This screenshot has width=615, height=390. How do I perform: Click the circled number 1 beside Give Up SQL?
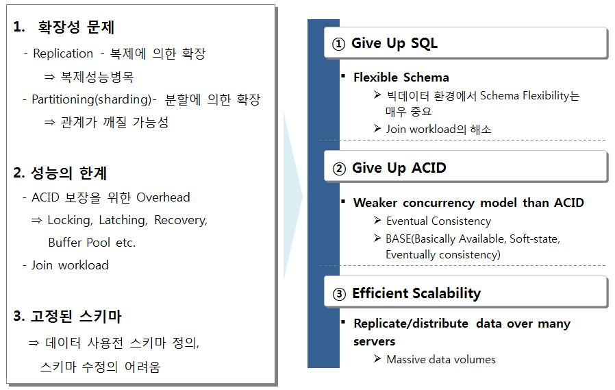coord(338,44)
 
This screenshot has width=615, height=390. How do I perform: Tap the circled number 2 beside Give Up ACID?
coord(339,169)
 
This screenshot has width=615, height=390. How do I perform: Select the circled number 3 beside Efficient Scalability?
coord(339,294)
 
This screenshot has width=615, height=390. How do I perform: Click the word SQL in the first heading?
coord(424,43)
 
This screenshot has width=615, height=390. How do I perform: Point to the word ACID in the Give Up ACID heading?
coord(429,168)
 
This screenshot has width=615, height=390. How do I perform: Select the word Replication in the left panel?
coord(63,53)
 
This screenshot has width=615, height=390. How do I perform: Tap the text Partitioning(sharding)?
coord(91,99)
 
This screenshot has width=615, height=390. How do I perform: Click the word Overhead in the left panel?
coord(163,197)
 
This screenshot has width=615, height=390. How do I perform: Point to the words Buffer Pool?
coord(79,243)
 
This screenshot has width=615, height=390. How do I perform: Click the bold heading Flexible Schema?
coord(401,77)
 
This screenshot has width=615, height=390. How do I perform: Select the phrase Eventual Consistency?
coord(438,221)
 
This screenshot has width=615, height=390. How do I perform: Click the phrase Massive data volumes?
coord(441,359)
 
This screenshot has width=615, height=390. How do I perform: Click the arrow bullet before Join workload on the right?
coord(377,129)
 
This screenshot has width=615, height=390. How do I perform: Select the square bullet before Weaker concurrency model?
coord(343,202)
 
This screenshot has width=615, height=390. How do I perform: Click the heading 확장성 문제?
coord(76,27)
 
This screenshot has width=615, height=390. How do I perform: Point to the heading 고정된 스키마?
coord(76,316)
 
